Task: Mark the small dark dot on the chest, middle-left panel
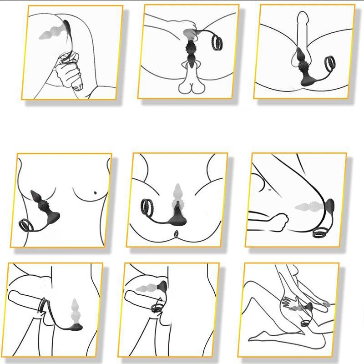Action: (x=95, y=194)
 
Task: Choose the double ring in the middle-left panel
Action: (x=26, y=224)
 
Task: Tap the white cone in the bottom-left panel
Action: (x=75, y=309)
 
